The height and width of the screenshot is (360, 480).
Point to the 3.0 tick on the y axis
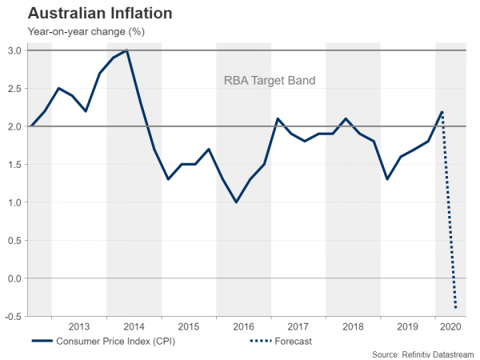click(x=14, y=50)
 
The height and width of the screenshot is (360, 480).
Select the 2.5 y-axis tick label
click(x=14, y=88)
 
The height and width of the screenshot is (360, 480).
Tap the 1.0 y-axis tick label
click(x=14, y=202)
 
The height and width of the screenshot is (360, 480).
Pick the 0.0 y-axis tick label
click(x=14, y=278)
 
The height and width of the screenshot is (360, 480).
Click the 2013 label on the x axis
click(x=79, y=326)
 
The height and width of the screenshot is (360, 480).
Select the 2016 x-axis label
click(x=243, y=326)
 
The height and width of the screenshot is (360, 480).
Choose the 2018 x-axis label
click(x=352, y=326)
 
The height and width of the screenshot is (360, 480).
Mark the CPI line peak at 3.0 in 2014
click(x=127, y=50)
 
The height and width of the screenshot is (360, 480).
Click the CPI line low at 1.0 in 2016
click(x=236, y=202)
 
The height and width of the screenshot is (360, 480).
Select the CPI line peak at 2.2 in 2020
click(x=442, y=111)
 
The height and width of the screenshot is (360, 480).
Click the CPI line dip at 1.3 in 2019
click(x=387, y=179)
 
